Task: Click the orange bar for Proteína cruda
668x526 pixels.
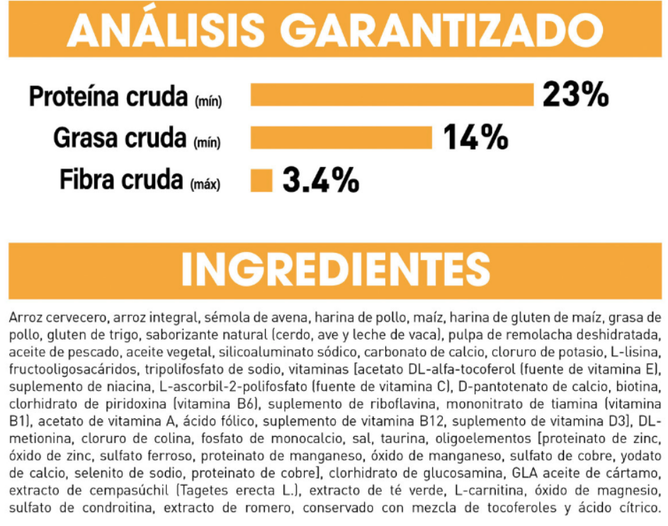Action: [392, 94]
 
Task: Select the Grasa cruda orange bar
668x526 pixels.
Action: [341, 137]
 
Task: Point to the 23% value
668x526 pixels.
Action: [575, 94]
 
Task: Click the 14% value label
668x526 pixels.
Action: [475, 137]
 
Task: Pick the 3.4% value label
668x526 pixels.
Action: [320, 181]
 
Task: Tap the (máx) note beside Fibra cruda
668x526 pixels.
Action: [205, 185]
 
